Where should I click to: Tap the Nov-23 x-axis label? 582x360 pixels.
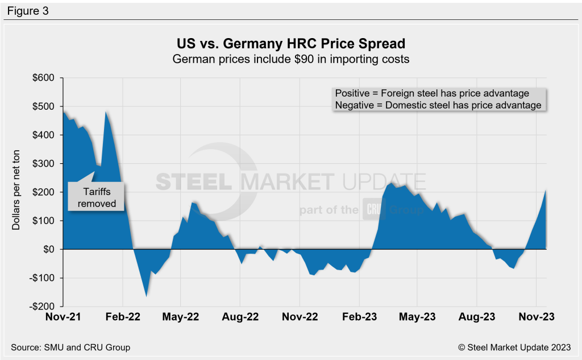(x=536, y=316)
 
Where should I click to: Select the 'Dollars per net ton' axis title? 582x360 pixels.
(x=16, y=192)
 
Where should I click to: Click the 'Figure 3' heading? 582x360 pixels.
(x=27, y=10)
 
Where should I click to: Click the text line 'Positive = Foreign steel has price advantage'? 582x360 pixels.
(x=432, y=93)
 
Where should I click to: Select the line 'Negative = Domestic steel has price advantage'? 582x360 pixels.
(x=438, y=105)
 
